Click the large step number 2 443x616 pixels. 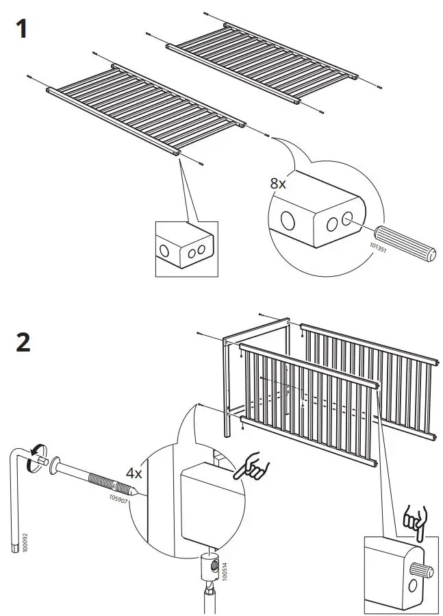pyautogui.click(x=23, y=341)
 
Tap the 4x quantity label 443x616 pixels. pyautogui.click(x=134, y=473)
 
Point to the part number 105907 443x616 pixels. pyautogui.click(x=118, y=499)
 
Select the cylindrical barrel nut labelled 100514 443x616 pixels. pyautogui.click(x=208, y=566)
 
